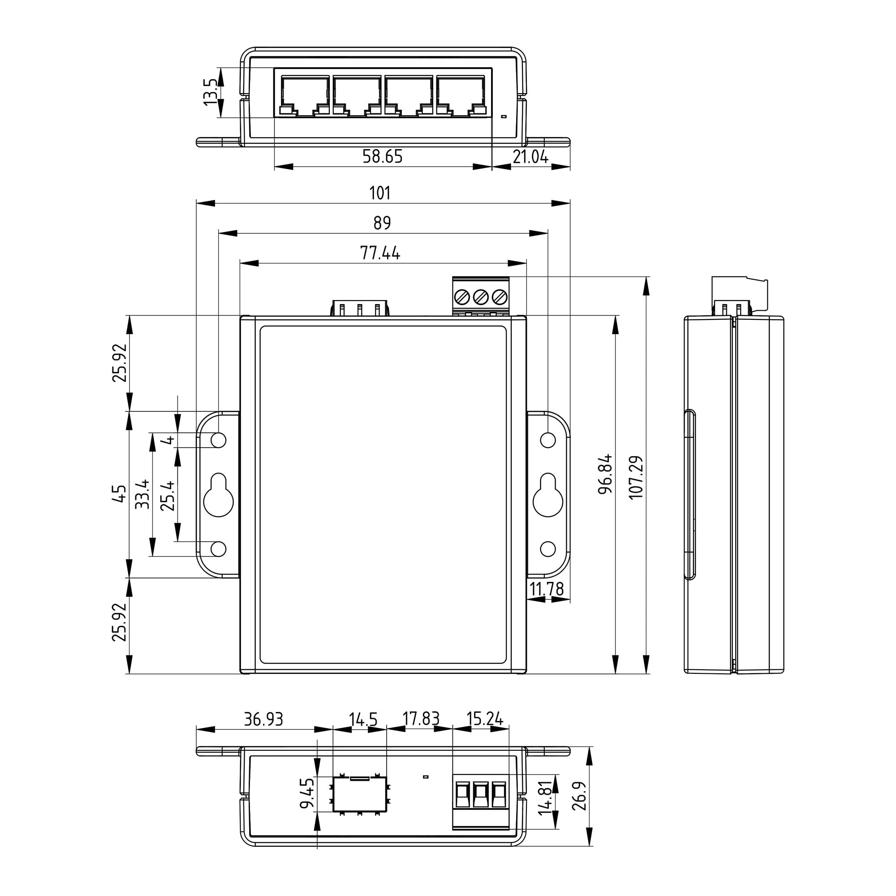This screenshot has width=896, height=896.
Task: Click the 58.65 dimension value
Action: click(x=382, y=157)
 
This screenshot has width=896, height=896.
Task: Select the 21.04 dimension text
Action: click(x=530, y=157)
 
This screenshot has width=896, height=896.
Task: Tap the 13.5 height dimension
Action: click(x=210, y=92)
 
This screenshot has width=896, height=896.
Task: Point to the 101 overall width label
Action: click(x=379, y=193)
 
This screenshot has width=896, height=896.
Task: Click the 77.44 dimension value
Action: click(x=379, y=253)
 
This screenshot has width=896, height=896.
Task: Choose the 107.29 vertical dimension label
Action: click(x=636, y=478)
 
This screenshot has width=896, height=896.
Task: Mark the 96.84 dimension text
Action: click(x=605, y=474)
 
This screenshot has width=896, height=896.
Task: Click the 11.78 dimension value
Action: click(x=546, y=589)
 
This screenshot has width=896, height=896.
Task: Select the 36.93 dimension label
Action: click(x=263, y=719)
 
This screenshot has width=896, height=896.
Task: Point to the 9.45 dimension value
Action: click(x=307, y=793)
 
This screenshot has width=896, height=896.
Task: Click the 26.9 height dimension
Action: click(x=579, y=796)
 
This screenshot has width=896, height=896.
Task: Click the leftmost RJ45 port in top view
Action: click(x=305, y=96)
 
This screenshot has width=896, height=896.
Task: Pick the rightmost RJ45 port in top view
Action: click(x=461, y=96)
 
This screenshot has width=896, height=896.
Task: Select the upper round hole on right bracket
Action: click(x=548, y=439)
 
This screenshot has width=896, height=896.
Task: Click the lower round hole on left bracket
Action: click(x=219, y=549)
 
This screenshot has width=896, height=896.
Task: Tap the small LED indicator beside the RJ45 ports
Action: click(x=504, y=116)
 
